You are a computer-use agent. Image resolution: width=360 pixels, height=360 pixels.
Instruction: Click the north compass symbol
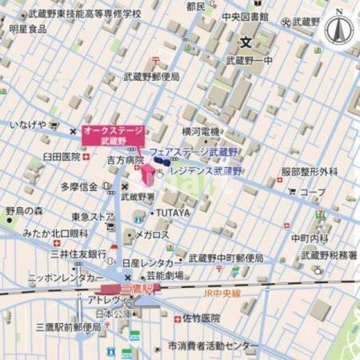[340, 29]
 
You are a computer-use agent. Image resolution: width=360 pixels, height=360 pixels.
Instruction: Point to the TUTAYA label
[173, 213]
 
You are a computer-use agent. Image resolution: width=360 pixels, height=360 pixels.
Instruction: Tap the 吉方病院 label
[124, 160]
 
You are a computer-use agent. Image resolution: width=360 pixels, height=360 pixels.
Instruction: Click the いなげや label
[28, 124]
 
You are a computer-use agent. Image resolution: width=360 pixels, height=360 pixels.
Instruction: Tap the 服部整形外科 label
[309, 172]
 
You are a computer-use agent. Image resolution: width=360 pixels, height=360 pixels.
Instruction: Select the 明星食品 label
[28, 28]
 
